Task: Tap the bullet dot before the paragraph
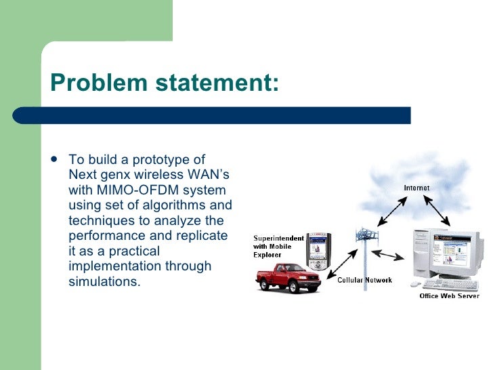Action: tap(53, 160)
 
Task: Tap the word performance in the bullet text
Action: tap(106, 236)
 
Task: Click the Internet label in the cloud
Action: tap(416, 187)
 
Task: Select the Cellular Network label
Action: tap(364, 280)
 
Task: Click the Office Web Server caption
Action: tap(449, 295)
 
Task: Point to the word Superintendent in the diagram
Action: tap(279, 239)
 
